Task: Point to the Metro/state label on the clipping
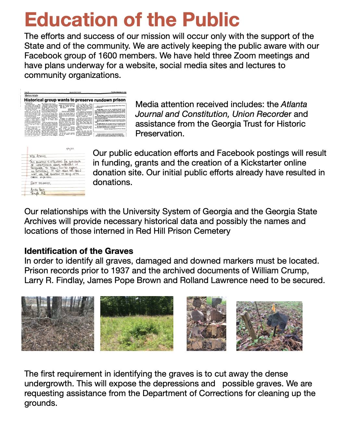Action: (31, 96)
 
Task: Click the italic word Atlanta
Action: (294, 104)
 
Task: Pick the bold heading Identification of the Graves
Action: (79, 251)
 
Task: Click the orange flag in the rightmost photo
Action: (273, 306)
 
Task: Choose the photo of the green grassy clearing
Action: (137, 323)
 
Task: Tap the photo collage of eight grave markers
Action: (206, 323)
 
